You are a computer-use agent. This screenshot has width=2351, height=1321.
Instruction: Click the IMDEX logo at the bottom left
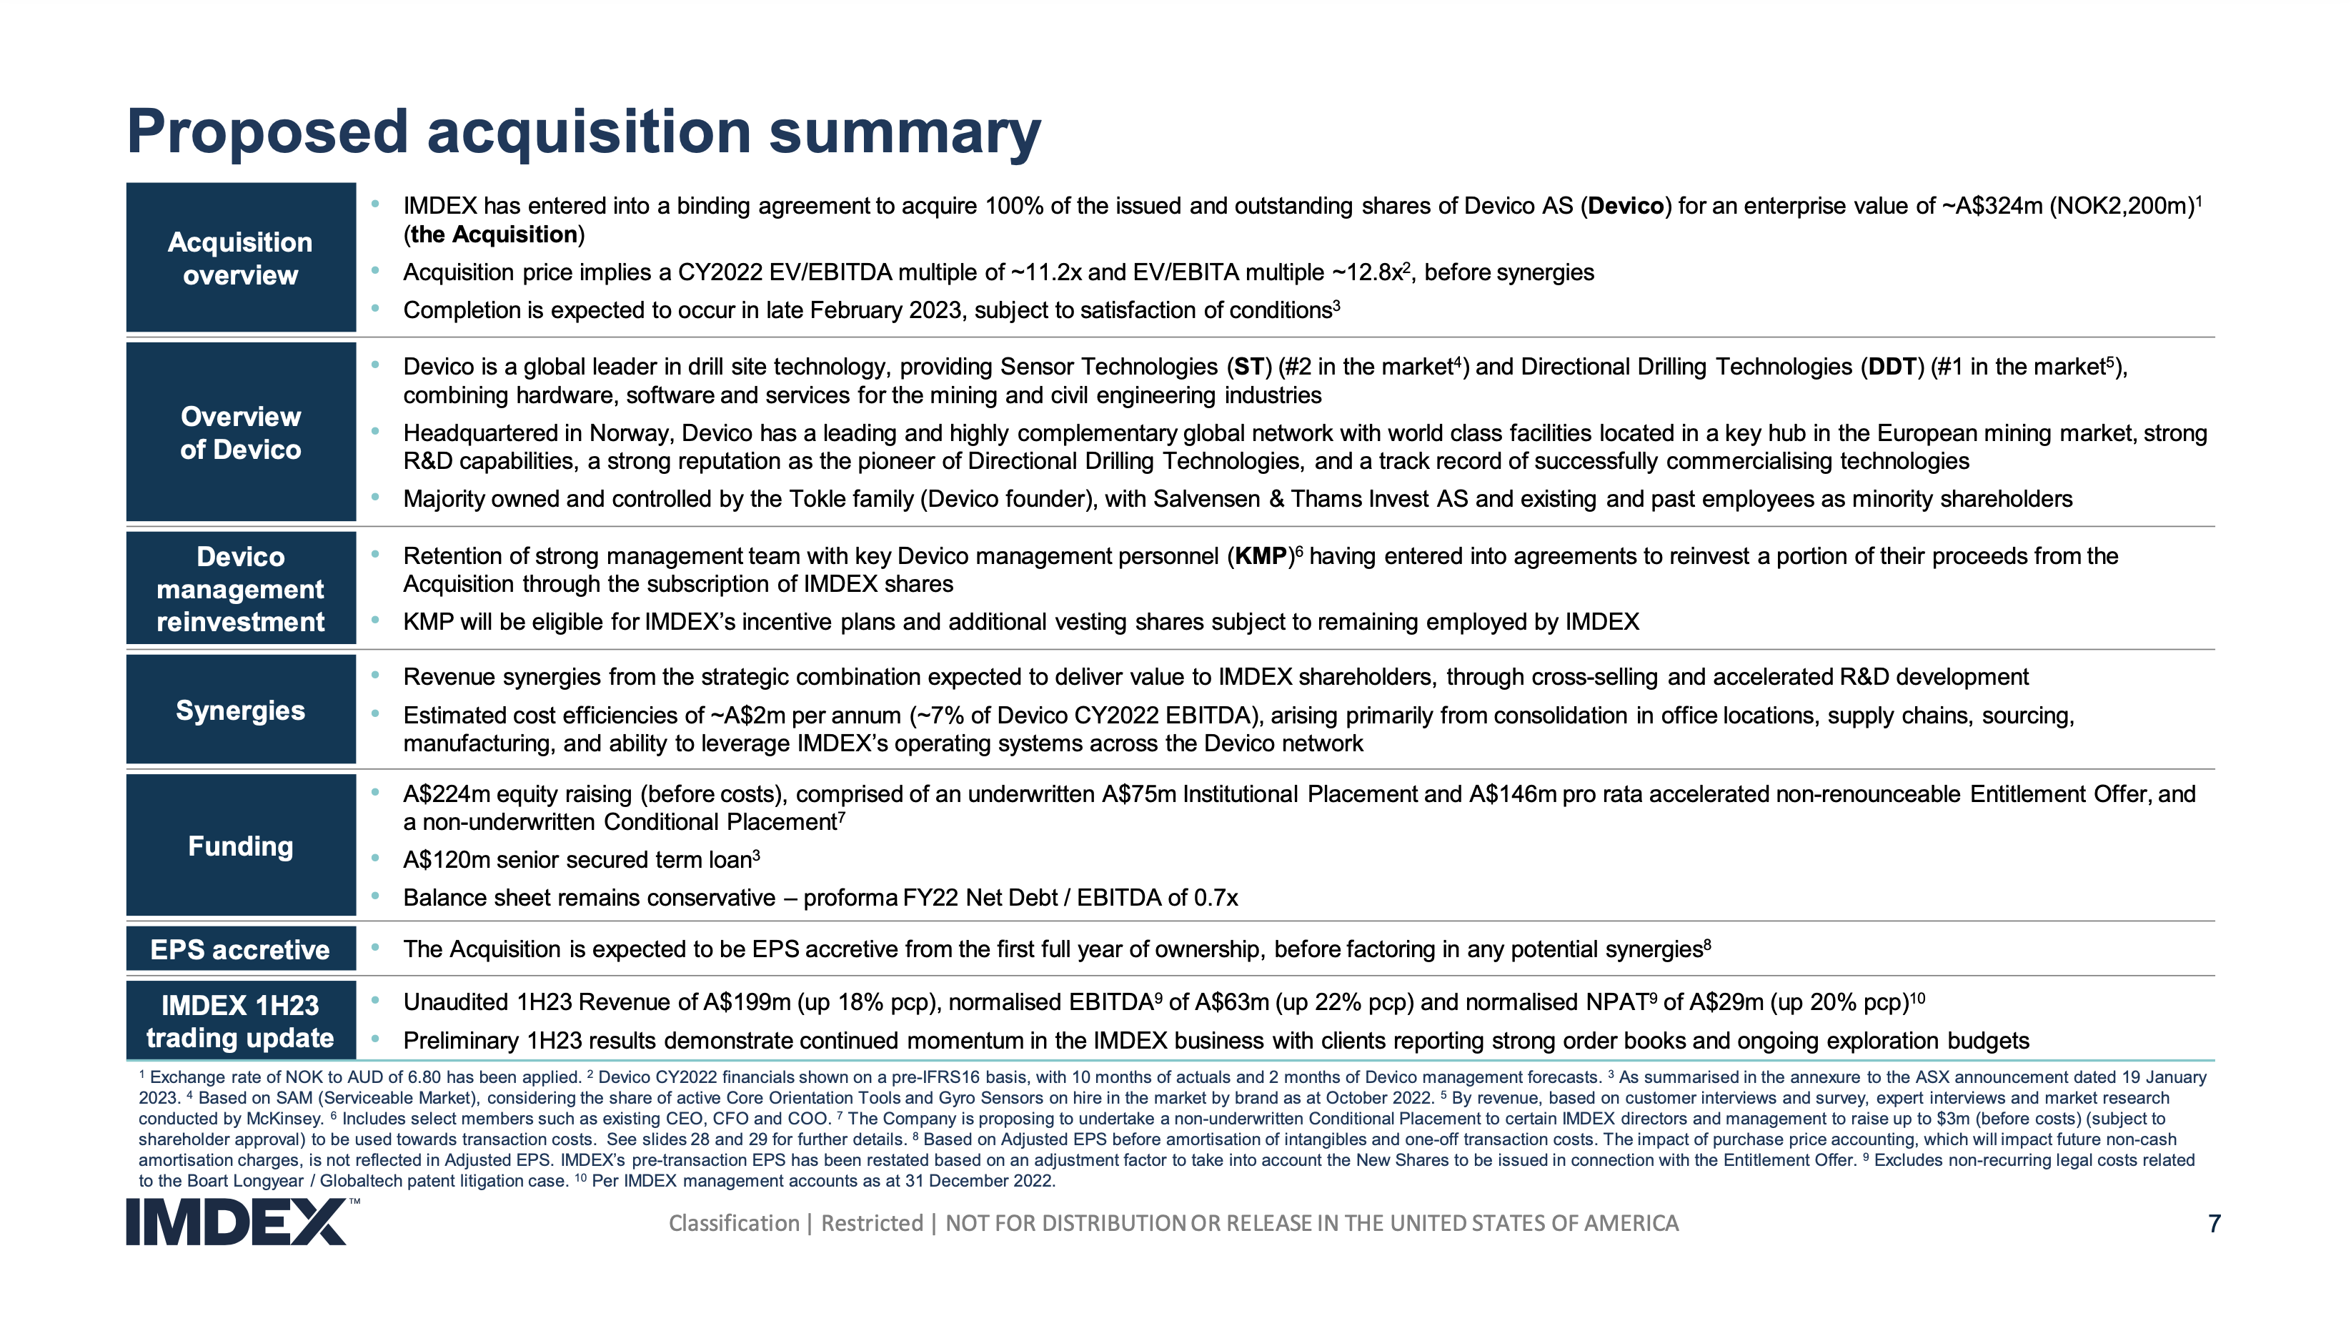click(237, 1222)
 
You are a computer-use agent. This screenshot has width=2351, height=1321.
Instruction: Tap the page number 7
click(2213, 1223)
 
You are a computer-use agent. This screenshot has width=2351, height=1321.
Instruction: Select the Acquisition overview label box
click(241, 257)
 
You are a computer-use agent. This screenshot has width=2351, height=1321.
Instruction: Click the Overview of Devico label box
click(241, 432)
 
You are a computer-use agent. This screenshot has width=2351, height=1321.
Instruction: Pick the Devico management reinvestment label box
click(241, 589)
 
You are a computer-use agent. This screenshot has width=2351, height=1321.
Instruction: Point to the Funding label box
click(241, 846)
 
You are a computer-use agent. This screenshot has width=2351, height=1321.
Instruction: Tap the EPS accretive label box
click(241, 949)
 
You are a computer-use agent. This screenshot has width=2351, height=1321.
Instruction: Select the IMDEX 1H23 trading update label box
click(241, 1021)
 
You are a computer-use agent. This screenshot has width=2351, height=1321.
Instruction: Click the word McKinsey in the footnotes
click(284, 1118)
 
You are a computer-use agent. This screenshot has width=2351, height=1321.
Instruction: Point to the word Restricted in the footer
click(872, 1223)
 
